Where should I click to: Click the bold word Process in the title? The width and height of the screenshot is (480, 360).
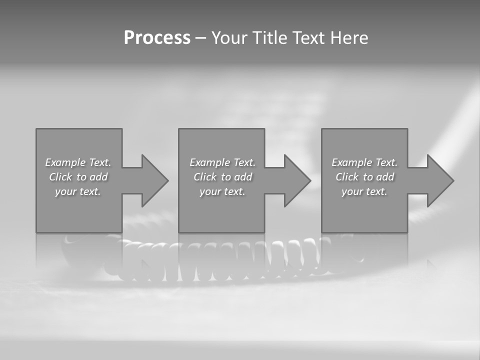[157, 38]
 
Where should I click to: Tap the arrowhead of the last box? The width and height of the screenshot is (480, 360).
[439, 180]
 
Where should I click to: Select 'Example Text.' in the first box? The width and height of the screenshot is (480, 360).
[78, 162]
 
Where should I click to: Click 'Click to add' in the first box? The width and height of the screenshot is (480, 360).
[78, 177]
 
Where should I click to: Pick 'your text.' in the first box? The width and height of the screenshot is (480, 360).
[78, 191]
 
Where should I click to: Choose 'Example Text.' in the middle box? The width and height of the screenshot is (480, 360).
[222, 162]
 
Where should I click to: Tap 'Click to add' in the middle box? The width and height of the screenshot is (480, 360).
[222, 177]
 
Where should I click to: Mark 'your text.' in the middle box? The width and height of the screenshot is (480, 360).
[222, 191]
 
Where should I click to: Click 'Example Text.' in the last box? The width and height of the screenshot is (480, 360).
[364, 162]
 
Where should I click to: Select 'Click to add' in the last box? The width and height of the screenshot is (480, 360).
[364, 177]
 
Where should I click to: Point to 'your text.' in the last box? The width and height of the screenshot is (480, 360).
[364, 191]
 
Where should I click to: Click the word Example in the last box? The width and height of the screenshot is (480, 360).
[352, 162]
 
